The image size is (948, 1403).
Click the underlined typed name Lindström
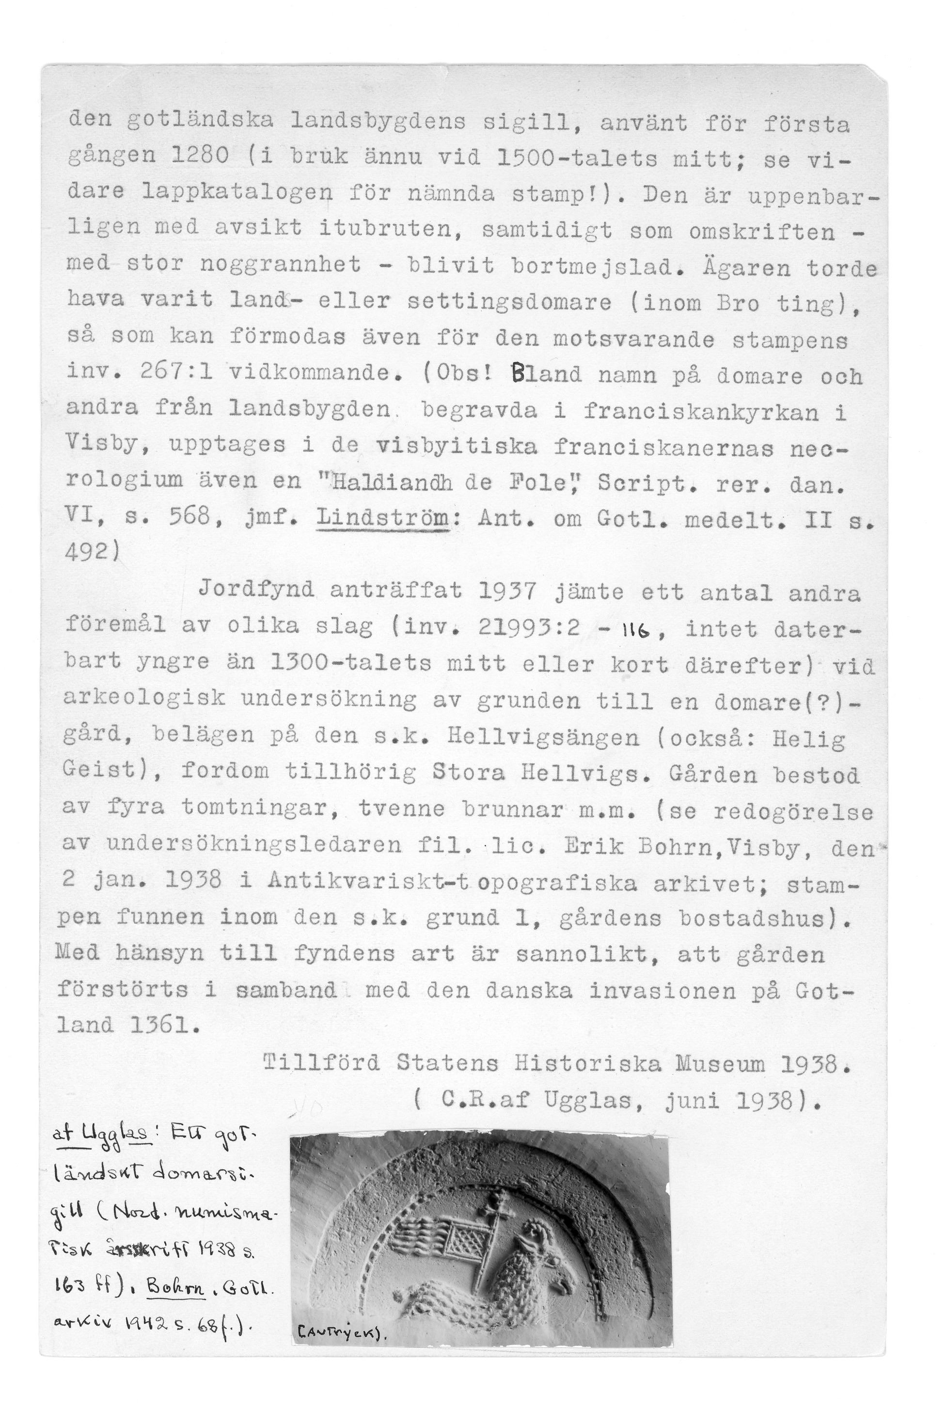point(383,518)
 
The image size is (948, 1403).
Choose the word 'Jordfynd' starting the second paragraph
point(256,589)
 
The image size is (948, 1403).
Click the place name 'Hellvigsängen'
point(543,738)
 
